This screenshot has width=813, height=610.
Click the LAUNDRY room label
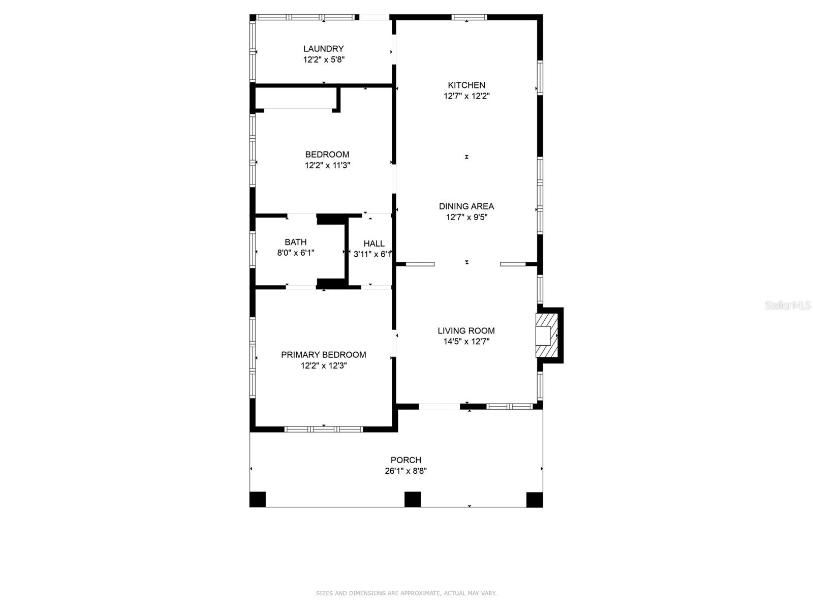(323, 49)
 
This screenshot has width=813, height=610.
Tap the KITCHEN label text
(466, 85)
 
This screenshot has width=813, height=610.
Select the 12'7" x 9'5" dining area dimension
(466, 217)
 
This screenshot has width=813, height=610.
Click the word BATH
(296, 242)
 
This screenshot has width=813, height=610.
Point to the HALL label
(374, 243)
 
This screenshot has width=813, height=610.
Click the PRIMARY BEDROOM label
(323, 355)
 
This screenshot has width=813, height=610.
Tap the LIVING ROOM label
(466, 330)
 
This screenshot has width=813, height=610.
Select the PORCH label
(405, 460)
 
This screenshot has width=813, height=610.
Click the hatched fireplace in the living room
(547, 335)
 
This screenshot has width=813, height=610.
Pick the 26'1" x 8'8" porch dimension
(405, 471)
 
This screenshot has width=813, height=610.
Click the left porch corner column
(258, 499)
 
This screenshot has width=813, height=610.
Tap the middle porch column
(413, 499)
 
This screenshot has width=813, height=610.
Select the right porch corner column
(535, 499)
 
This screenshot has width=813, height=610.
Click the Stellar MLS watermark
(787, 305)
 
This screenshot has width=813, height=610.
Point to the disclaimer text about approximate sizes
(406, 593)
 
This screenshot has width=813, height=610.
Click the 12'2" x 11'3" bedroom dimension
(327, 165)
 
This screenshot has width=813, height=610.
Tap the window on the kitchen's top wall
(469, 17)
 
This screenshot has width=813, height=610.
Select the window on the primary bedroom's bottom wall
(324, 430)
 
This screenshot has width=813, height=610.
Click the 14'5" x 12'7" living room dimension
(466, 342)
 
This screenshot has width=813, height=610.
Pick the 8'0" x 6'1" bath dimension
(296, 253)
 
